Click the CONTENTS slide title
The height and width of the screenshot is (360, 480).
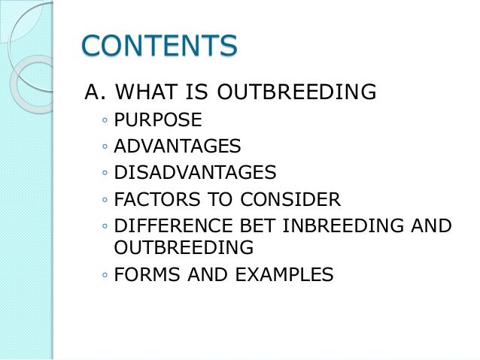[x=159, y=46]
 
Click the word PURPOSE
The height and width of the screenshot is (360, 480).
[x=158, y=120]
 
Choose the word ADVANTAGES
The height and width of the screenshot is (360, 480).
[x=178, y=147]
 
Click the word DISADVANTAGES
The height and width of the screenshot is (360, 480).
[x=195, y=174]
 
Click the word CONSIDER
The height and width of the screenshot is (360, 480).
[x=294, y=200]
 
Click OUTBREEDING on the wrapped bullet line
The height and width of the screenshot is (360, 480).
[x=184, y=247]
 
